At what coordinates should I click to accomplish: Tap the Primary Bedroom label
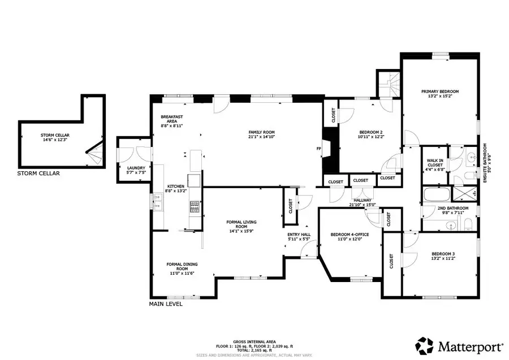coord(439,91)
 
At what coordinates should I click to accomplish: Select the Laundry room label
coord(136,168)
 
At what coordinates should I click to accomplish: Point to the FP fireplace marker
coord(318,149)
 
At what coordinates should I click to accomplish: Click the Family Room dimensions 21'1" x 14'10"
coord(265,136)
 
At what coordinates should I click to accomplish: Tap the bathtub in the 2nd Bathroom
coord(437,196)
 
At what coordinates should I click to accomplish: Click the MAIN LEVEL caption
coord(165,304)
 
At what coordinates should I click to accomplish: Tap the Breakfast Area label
coord(170,118)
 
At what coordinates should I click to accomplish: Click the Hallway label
coord(362,199)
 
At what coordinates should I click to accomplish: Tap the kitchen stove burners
coord(193,207)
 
